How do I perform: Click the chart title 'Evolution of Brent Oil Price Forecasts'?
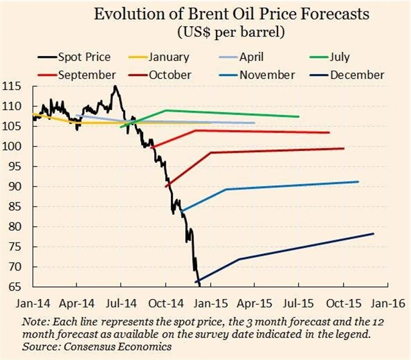(205, 15)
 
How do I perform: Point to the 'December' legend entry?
(357, 75)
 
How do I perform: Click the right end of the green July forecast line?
(299, 116)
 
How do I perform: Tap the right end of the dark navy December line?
(373, 233)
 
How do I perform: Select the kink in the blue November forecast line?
(226, 190)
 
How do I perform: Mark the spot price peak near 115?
(115, 86)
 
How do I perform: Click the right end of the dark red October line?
(344, 148)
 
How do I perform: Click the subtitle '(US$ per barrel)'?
(205, 31)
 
